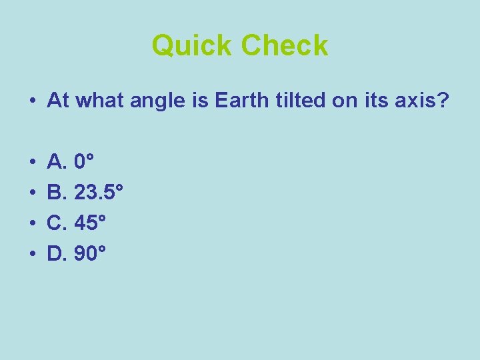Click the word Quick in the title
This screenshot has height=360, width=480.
click(x=193, y=46)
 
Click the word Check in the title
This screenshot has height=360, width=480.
click(x=285, y=46)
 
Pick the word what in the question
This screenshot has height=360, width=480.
click(x=97, y=101)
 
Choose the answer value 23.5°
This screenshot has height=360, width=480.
click(x=99, y=194)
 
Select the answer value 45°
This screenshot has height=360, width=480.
click(x=91, y=223)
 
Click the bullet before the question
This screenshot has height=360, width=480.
click(x=32, y=101)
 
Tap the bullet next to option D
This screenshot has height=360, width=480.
click(x=32, y=253)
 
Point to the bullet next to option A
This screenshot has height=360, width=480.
click(x=32, y=162)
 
